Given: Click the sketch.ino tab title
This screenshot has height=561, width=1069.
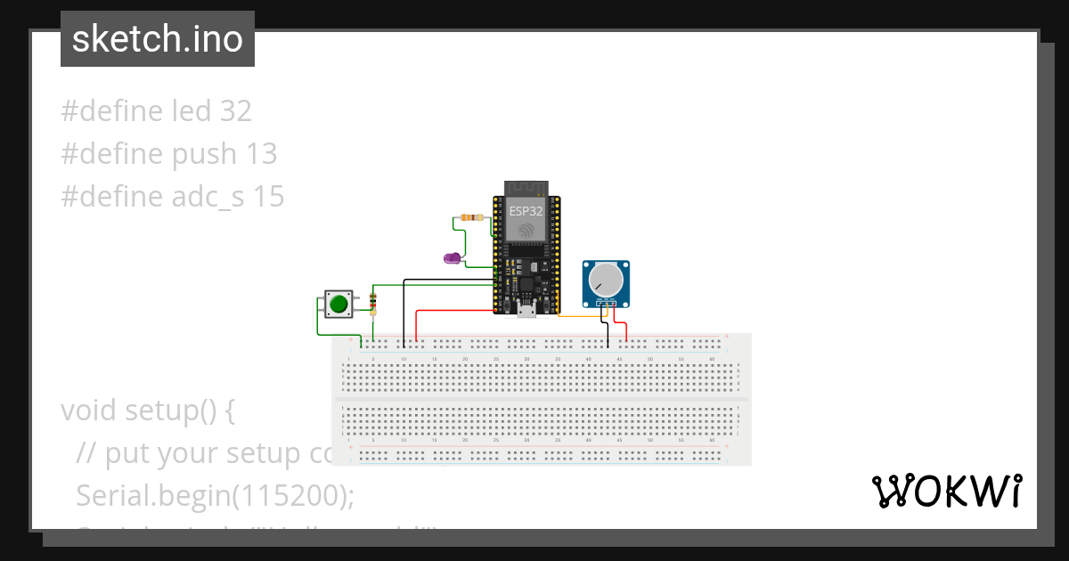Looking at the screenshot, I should (x=157, y=39).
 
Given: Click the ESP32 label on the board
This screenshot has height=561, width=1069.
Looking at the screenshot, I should (x=526, y=211).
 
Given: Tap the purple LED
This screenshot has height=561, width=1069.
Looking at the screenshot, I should (x=453, y=258).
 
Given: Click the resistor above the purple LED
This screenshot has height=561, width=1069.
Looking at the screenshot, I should (x=469, y=217).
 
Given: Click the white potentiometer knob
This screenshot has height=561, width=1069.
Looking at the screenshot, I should (x=606, y=280).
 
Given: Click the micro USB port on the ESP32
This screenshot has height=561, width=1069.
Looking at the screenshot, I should (x=526, y=310).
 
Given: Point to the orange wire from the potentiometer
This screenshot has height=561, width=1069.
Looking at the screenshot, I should (x=579, y=315).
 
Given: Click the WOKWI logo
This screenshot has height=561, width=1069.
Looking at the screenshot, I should (x=946, y=492).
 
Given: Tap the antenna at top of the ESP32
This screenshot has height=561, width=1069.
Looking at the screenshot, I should (x=526, y=188).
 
